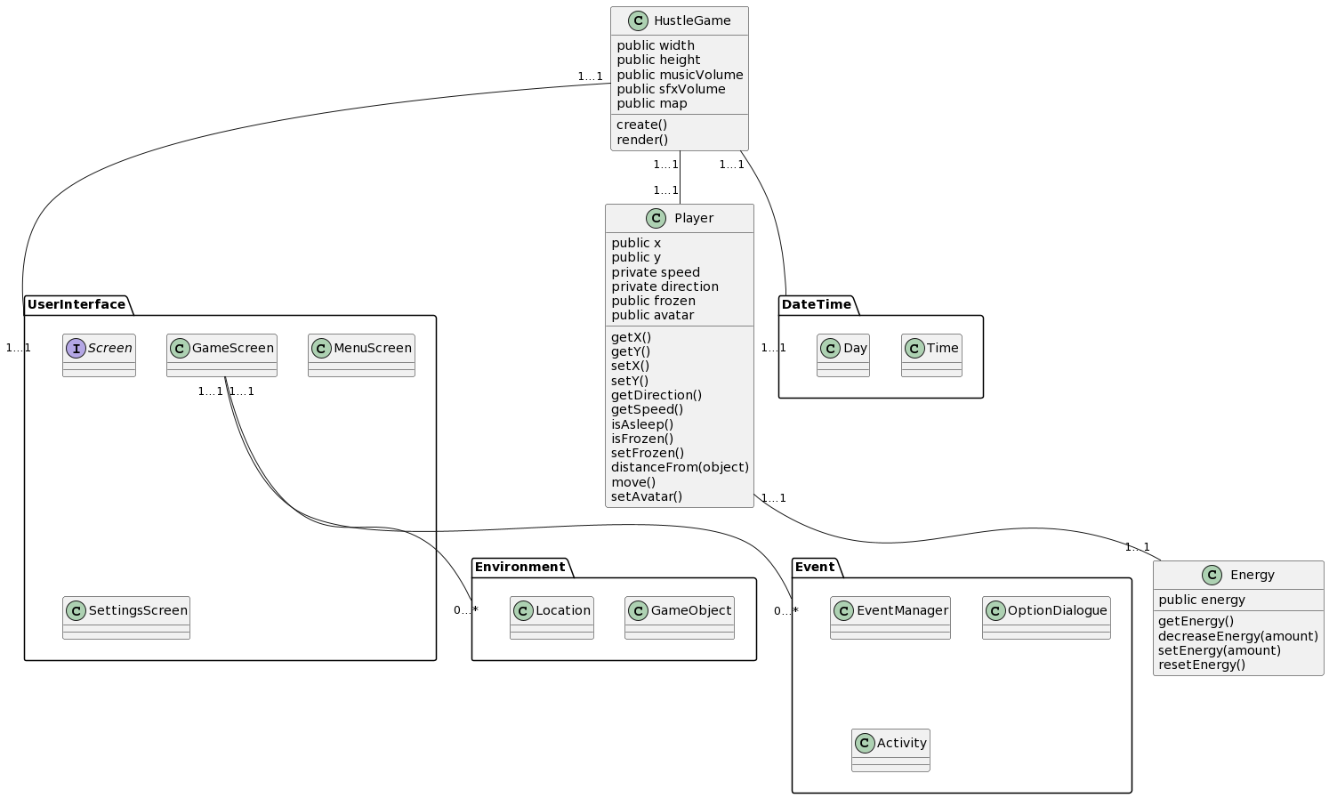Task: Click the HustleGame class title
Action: pyautogui.click(x=691, y=20)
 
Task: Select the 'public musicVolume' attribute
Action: pyautogui.click(x=680, y=75)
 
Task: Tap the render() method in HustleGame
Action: pyautogui.click(x=641, y=140)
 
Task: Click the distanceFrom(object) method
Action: pyautogui.click(x=680, y=467)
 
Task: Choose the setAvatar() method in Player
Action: pyautogui.click(x=647, y=496)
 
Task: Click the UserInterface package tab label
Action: pyautogui.click(x=77, y=305)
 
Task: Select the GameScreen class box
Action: pyautogui.click(x=221, y=355)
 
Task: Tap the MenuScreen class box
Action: pyautogui.click(x=361, y=355)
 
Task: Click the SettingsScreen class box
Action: pyautogui.click(x=126, y=617)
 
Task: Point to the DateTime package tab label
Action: pyautogui.click(x=816, y=305)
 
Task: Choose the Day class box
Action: pyautogui.click(x=843, y=355)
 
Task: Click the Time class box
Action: pyautogui.click(x=931, y=355)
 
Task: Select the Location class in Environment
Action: pyautogui.click(x=552, y=617)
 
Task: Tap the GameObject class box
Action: pyautogui.click(x=680, y=617)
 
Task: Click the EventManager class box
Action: pyautogui.click(x=890, y=617)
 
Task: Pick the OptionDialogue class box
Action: pyautogui.click(x=1046, y=617)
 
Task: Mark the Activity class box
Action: pyautogui.click(x=890, y=750)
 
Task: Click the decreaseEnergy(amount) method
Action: pyautogui.click(x=1237, y=636)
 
